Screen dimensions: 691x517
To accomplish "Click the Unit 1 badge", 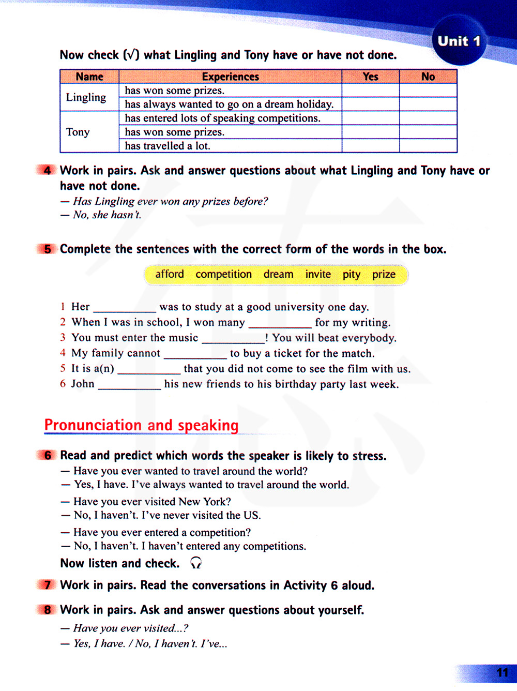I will click(458, 41).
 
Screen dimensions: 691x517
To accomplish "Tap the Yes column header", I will click(370, 77).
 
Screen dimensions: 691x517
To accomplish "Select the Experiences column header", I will click(230, 77).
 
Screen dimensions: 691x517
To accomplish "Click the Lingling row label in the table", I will click(86, 97).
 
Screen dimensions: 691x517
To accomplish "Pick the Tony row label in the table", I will click(78, 132).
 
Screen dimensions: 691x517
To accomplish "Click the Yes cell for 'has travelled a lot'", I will click(370, 146).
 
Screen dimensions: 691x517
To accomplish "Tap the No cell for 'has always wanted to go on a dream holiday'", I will click(428, 104).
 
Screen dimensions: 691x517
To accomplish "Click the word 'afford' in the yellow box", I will click(170, 274).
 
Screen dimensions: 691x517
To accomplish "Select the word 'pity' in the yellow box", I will click(352, 274).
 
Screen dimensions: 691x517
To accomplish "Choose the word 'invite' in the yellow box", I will click(318, 274).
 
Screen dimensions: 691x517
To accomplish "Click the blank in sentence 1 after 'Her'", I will click(124, 308).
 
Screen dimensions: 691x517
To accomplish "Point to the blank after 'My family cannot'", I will click(195, 354).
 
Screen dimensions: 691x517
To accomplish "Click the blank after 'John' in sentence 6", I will click(129, 385).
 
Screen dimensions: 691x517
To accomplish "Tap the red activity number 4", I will click(47, 170).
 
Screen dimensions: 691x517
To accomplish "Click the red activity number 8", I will click(47, 610).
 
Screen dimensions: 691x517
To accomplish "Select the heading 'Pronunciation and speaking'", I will click(141, 425).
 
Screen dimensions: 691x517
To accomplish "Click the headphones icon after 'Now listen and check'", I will click(195, 563).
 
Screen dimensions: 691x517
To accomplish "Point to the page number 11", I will click(502, 672).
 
